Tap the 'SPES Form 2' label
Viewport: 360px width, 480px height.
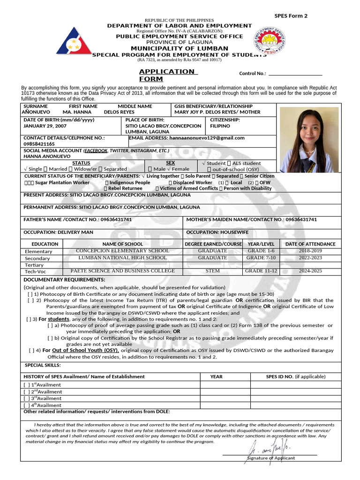tap(291, 16)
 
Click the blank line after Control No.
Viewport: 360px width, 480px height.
tap(295, 74)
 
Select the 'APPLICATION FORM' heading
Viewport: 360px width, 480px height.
tap(166, 75)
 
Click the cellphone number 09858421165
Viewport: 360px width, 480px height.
tap(39, 144)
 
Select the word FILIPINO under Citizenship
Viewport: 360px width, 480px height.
tap(220, 126)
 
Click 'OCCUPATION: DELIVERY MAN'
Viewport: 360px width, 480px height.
tap(58, 232)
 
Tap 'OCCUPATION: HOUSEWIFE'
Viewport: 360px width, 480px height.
tap(217, 232)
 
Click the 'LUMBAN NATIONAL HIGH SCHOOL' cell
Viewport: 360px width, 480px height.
tap(122, 258)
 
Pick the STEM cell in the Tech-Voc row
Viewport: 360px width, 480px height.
tap(213, 271)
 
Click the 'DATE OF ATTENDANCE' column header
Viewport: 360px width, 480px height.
tap(310, 244)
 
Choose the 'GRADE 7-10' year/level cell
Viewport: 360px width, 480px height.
tap(261, 258)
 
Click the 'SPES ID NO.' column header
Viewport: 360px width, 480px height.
tap(288, 376)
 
